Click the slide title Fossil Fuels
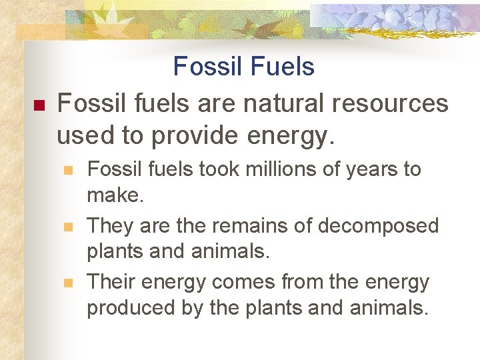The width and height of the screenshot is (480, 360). (x=243, y=67)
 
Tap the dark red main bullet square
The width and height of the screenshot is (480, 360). (x=38, y=105)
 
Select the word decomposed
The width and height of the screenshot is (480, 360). (x=378, y=226)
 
